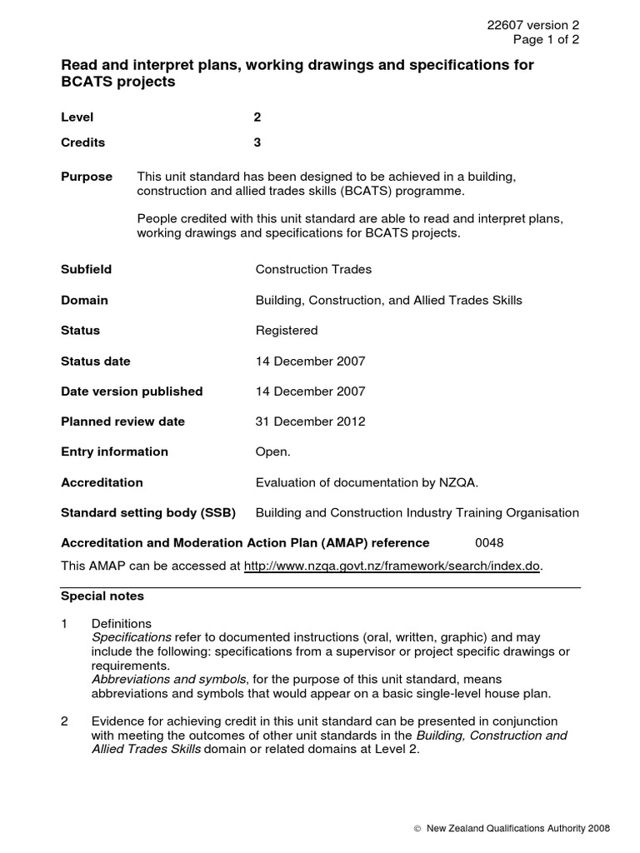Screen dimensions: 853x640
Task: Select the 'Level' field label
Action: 77,118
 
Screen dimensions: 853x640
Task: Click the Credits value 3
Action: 257,142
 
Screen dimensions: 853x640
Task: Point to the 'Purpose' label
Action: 87,177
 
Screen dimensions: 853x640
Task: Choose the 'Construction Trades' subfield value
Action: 313,270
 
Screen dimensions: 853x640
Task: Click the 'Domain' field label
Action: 84,300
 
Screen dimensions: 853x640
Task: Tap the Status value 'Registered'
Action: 287,331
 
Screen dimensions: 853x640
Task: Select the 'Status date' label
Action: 96,361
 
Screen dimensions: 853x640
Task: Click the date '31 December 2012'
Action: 310,422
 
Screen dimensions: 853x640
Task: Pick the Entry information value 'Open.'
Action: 272,451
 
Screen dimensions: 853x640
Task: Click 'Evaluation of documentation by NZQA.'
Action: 367,482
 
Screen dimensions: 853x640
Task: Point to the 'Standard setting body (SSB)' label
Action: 148,512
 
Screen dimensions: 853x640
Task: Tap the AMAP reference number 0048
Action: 489,543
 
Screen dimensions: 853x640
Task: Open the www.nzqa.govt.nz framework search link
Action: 392,566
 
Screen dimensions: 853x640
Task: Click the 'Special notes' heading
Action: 102,596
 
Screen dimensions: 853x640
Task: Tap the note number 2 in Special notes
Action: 66,721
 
